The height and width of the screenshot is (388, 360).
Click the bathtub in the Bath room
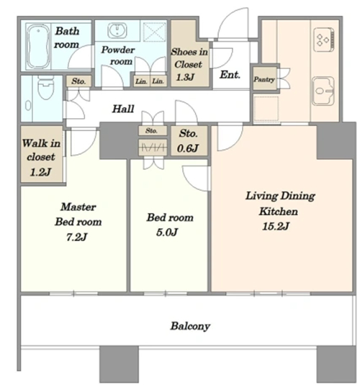[x=38, y=46]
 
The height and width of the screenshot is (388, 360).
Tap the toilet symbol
[x=46, y=87]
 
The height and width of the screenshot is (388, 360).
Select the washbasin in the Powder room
[x=117, y=30]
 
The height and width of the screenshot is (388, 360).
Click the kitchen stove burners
[x=323, y=38]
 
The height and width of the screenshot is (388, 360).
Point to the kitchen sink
[x=323, y=91]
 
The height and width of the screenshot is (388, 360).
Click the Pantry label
[x=264, y=79]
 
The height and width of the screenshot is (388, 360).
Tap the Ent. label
[x=230, y=75]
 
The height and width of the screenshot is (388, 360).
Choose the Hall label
[x=123, y=109]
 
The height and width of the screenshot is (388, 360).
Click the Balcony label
[x=190, y=326]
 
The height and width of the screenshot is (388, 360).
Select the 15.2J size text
[x=276, y=227]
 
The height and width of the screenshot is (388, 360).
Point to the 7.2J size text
[x=76, y=238]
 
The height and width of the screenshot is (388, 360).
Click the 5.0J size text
[x=167, y=233]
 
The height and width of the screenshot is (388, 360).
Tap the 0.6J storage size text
[x=188, y=148]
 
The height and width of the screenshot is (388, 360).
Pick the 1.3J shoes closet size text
[x=185, y=77]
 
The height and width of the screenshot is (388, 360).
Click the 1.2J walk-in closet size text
[x=40, y=172]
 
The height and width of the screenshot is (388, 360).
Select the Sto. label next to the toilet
[x=78, y=81]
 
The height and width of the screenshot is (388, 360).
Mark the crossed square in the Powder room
[x=155, y=32]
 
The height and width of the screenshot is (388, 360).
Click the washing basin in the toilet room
[x=28, y=106]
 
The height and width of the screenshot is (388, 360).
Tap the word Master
[x=78, y=207]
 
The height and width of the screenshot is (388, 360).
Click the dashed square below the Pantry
[x=266, y=109]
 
